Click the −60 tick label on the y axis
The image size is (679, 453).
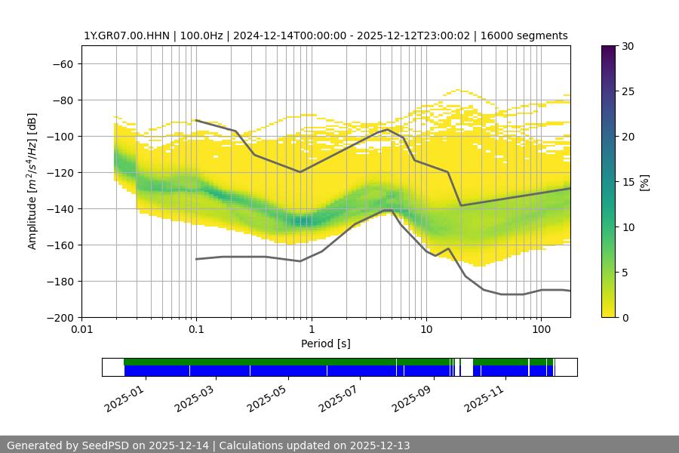61,64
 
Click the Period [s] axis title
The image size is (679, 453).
326,344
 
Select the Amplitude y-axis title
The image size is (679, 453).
32,182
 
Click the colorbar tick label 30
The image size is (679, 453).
628,47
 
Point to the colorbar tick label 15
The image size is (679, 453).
628,182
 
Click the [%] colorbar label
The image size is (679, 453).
644,182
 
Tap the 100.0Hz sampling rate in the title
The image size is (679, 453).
201,36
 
